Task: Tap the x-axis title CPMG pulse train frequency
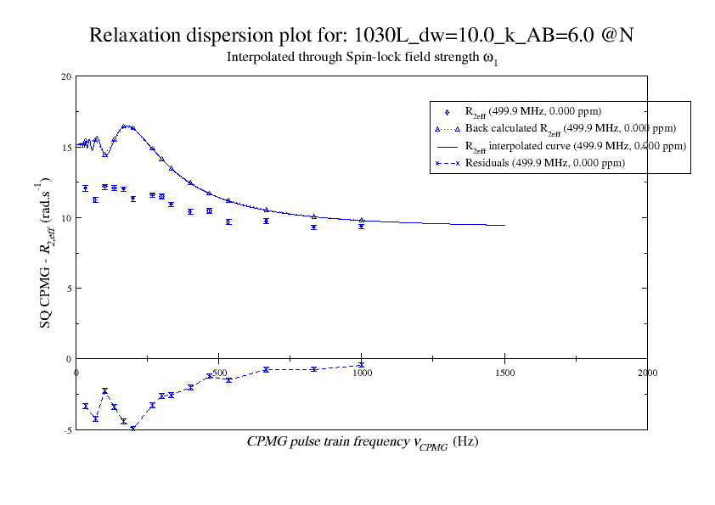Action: (363, 442)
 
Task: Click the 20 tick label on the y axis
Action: (66, 76)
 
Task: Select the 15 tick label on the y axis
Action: (66, 147)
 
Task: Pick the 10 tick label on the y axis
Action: (66, 217)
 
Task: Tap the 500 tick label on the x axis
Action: (219, 372)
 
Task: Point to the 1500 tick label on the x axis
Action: (504, 372)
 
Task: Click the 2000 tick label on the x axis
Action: (647, 372)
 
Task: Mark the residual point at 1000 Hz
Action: (362, 365)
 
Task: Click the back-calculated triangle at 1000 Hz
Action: (362, 220)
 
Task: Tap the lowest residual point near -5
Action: (132, 428)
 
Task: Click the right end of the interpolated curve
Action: (504, 225)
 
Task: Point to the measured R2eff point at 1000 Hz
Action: (362, 227)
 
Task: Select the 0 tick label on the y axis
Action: (69, 359)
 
